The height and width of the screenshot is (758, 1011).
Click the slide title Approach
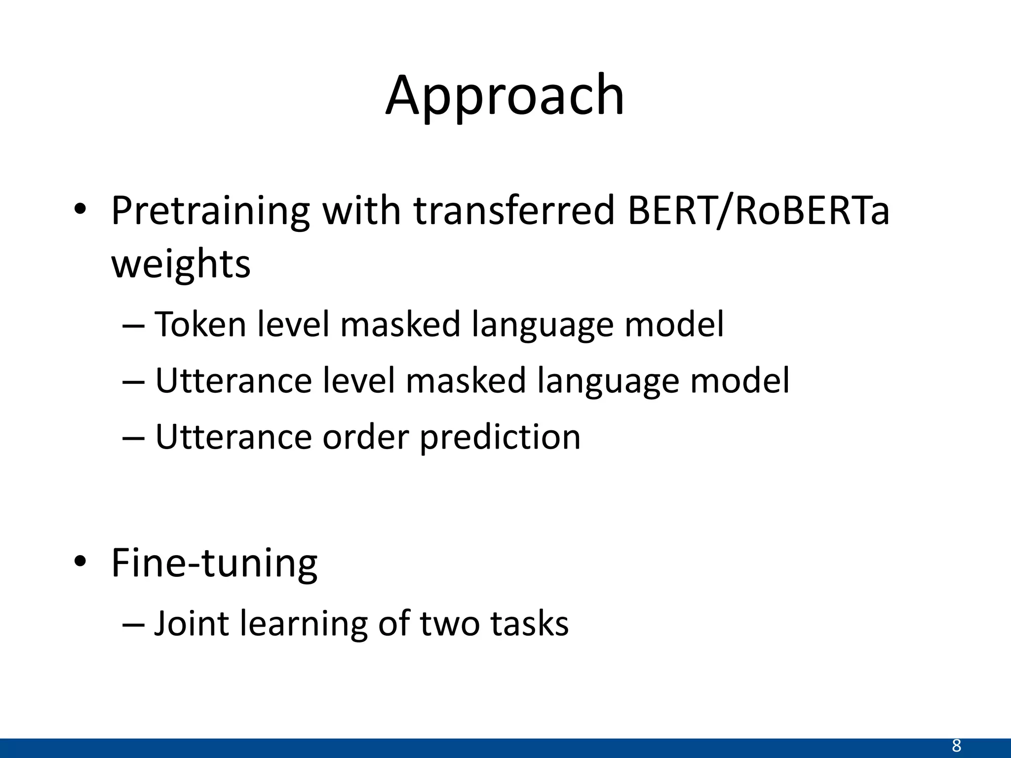(x=505, y=96)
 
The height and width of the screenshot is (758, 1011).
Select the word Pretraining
(x=210, y=211)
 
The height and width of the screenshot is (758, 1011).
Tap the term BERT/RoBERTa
(x=758, y=211)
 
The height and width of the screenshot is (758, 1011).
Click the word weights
(x=181, y=264)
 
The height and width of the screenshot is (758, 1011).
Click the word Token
(x=200, y=325)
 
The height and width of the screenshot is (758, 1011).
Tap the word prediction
(x=500, y=438)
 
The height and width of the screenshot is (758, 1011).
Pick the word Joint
(x=192, y=624)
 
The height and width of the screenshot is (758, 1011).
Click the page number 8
(x=956, y=746)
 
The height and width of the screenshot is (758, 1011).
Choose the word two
(x=449, y=624)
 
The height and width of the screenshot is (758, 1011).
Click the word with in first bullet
(x=362, y=211)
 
